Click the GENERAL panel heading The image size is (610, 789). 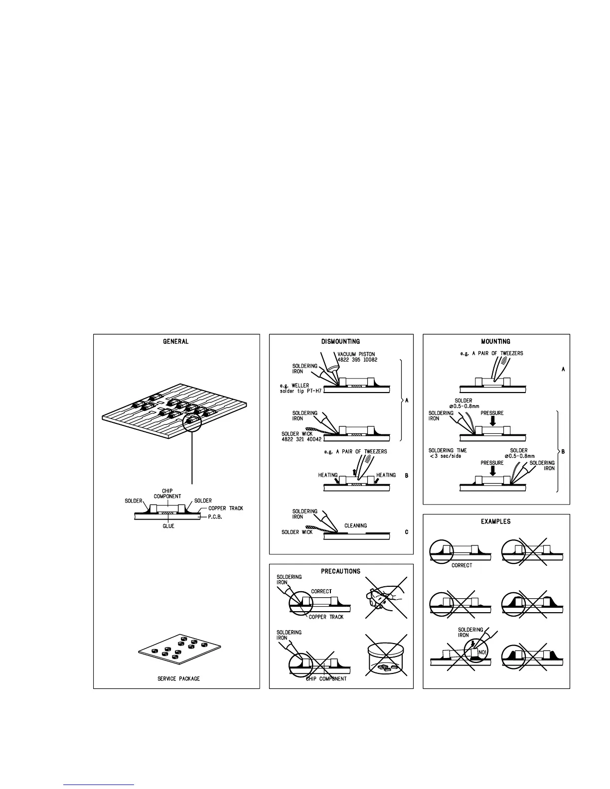176,342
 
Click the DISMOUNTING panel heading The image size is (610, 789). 341,342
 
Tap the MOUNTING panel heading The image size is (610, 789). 495,342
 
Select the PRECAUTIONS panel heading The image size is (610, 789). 341,571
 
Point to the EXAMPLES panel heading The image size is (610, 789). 495,522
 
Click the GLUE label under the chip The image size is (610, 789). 168,526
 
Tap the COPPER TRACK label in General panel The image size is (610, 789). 226,509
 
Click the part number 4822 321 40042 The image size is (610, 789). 302,439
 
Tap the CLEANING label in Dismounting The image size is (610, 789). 356,526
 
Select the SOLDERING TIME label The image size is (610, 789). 448,451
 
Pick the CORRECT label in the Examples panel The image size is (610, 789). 461,565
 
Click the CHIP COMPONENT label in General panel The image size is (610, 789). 167,494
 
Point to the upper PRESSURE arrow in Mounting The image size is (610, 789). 493,421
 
